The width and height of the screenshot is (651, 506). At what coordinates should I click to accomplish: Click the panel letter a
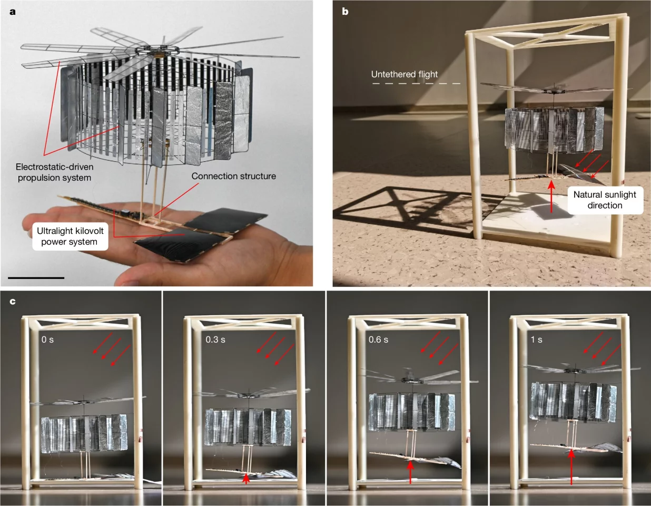[x=13, y=11]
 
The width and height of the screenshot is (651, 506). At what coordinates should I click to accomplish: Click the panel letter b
[x=345, y=11]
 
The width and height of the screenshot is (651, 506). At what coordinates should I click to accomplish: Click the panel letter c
[x=13, y=301]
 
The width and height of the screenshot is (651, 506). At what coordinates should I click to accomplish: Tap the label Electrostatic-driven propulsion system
[x=54, y=172]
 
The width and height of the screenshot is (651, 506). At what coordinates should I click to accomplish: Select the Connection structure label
[x=233, y=176]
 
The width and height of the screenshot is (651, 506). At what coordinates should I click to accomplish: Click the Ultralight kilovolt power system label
[x=70, y=236]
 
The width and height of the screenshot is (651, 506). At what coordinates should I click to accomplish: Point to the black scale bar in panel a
[x=36, y=277]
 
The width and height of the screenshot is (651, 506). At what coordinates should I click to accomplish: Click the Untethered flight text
[x=404, y=74]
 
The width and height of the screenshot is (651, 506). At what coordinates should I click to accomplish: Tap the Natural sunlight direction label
[x=605, y=200]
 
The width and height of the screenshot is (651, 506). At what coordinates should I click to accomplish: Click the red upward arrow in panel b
[x=551, y=196]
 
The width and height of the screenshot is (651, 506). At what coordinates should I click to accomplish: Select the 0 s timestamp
[x=47, y=340]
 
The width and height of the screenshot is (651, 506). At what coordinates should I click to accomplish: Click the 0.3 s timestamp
[x=215, y=340]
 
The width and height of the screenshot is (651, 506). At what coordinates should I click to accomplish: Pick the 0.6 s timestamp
[x=378, y=340]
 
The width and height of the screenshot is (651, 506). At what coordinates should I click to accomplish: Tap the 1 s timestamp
[x=536, y=340]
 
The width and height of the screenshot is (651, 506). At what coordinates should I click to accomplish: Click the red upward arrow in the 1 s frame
[x=571, y=466]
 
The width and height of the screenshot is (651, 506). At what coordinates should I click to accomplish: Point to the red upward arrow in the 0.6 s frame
[x=410, y=471]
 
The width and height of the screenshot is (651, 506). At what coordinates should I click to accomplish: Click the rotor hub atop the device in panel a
[x=157, y=52]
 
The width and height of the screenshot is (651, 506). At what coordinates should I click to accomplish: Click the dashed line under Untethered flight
[x=416, y=83]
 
